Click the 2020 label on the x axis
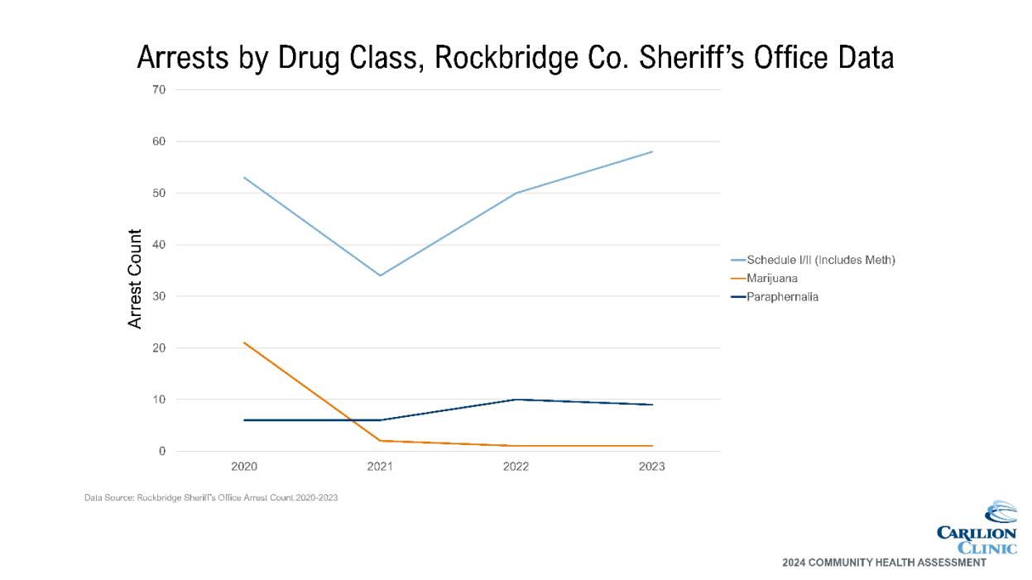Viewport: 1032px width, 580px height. (244, 467)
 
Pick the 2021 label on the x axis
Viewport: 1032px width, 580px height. (380, 467)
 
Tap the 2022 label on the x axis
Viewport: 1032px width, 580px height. (516, 467)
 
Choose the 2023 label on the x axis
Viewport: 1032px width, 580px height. (651, 467)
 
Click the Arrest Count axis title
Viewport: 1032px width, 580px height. (136, 279)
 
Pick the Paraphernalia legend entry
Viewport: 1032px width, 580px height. (782, 297)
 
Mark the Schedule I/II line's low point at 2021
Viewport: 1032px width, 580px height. (380, 276)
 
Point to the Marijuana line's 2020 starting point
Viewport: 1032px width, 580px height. (244, 343)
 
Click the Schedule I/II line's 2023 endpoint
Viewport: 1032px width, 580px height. (652, 151)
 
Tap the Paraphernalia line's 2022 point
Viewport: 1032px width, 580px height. (516, 400)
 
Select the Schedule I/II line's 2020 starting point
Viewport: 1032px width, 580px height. (244, 177)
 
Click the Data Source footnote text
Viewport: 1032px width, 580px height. (211, 498)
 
